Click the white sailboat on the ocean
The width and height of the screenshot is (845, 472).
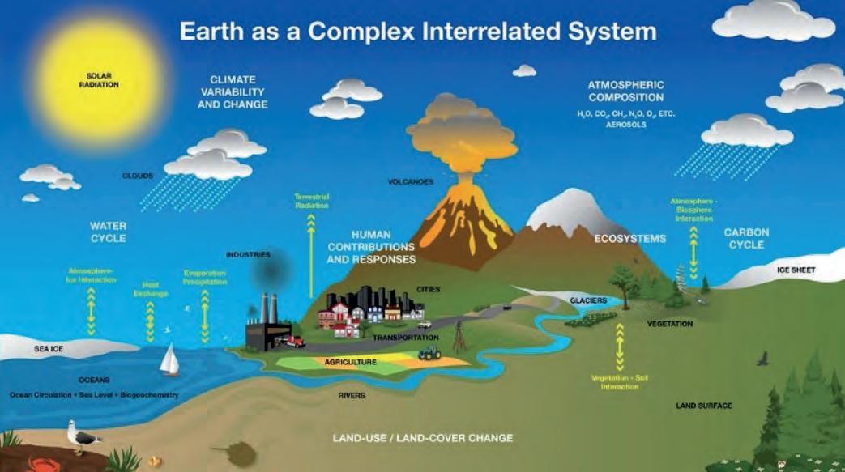(169, 360)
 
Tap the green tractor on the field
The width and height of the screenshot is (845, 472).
(429, 352)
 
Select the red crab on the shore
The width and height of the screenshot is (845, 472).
(39, 464)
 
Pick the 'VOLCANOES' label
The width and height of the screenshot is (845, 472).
(410, 182)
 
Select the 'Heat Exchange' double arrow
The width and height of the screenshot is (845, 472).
(150, 321)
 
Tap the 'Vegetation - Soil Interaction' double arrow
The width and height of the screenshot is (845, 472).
(620, 347)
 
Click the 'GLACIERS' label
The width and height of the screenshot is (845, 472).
(587, 300)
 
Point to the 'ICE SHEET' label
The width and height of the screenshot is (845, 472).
(796, 270)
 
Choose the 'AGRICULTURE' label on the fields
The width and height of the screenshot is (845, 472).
(350, 362)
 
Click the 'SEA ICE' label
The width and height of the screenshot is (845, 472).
(48, 350)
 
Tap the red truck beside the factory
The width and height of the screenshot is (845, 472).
(293, 342)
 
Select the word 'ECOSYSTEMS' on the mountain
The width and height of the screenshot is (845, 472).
(629, 239)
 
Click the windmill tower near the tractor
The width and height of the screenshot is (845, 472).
(459, 334)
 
